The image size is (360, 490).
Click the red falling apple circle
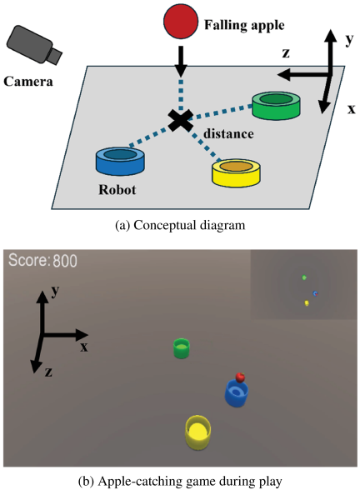tap(181, 22)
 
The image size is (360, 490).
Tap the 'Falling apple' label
tap(244, 25)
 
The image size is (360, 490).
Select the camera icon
tap(33, 45)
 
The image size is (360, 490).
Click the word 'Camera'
tap(28, 82)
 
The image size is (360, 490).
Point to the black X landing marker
tap(180, 120)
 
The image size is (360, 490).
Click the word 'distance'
tap(228, 133)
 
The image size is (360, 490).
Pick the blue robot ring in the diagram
tap(120, 161)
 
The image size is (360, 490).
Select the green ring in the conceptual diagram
tap(277, 105)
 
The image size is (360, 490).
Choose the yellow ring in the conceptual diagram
tap(236, 172)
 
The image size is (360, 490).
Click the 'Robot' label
tap(117, 190)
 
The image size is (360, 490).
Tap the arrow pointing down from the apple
tap(180, 62)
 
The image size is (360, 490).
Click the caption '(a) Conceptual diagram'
tap(180, 225)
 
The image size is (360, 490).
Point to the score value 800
tap(65, 261)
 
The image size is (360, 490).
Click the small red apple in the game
tap(240, 377)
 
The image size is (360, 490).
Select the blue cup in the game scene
tap(237, 392)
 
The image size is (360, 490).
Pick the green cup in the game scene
tap(182, 348)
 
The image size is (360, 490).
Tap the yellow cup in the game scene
tap(197, 432)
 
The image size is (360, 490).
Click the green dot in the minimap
tap(304, 277)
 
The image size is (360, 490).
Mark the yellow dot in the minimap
tap(307, 302)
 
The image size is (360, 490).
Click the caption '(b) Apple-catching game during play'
tap(180, 481)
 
